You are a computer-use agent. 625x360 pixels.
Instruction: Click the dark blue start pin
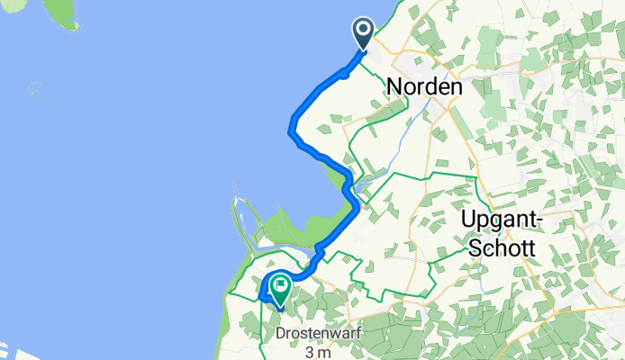[x=365, y=33]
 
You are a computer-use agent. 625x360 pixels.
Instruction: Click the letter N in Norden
[x=394, y=87]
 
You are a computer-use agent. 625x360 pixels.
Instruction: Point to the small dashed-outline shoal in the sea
[x=35, y=88]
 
